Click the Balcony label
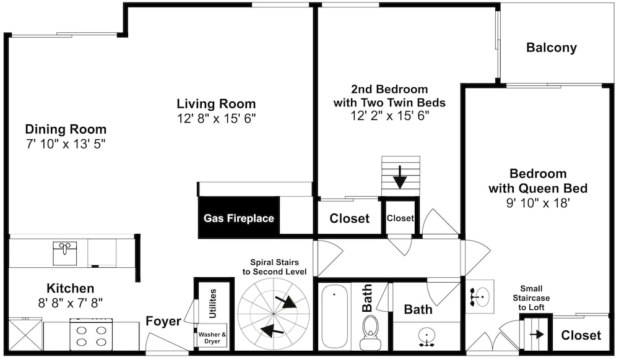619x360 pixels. (x=551, y=48)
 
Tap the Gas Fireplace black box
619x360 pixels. (x=239, y=217)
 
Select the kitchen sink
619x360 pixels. (x=65, y=254)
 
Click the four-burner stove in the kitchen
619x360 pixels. (x=91, y=335)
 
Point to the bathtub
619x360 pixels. (x=334, y=316)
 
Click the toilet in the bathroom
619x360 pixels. (x=370, y=333)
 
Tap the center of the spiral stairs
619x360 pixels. (x=273, y=314)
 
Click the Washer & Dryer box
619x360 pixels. (x=212, y=338)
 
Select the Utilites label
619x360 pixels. (x=212, y=303)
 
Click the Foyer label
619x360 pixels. (x=163, y=322)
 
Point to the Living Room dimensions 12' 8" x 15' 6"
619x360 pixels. (x=216, y=118)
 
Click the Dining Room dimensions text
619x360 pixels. (x=66, y=144)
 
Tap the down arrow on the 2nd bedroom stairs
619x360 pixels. (x=400, y=177)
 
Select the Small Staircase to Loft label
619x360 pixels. (x=531, y=298)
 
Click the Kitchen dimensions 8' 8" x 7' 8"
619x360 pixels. (x=71, y=303)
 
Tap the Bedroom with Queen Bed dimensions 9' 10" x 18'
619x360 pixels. (x=538, y=203)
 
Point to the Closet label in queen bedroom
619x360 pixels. (x=581, y=335)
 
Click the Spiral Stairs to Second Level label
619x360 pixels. (x=274, y=267)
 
